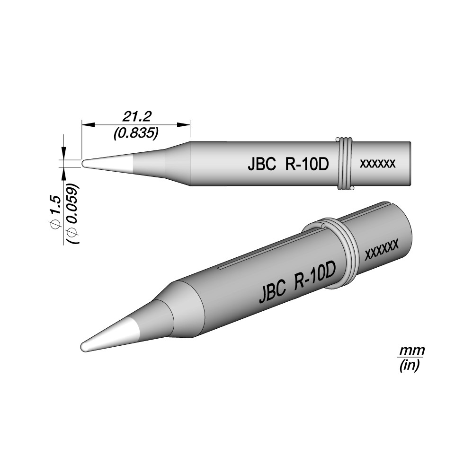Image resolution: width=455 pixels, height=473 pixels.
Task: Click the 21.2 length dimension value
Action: [x=136, y=116]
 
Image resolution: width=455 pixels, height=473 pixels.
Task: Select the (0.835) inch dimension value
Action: [x=136, y=133]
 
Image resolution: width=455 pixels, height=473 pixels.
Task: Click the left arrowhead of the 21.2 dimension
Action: [x=88, y=124]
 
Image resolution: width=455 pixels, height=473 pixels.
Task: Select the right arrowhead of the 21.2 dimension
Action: [x=184, y=124]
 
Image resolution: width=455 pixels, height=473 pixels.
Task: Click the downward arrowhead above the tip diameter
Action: [x=64, y=153]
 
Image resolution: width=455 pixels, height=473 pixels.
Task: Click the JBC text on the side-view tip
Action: [x=262, y=165]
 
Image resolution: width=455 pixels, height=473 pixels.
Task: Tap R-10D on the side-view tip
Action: [x=306, y=165]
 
